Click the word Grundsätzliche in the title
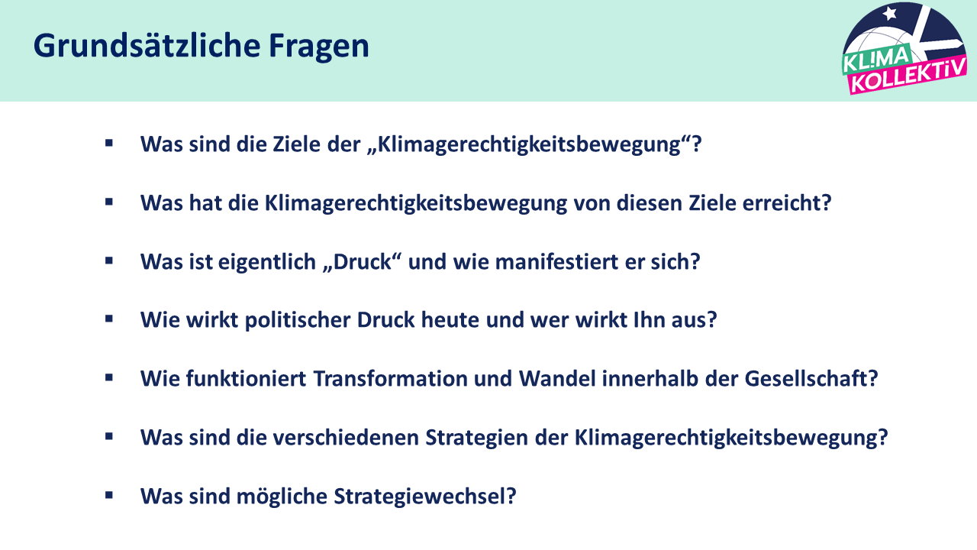click(147, 45)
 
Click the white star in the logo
click(890, 14)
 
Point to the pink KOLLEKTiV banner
click(908, 76)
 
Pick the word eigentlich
click(267, 262)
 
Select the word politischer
click(298, 320)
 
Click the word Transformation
click(390, 378)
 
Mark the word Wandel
click(557, 378)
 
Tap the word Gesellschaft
click(811, 378)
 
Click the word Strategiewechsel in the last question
click(425, 497)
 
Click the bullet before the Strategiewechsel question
click(109, 495)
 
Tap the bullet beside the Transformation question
click(109, 377)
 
